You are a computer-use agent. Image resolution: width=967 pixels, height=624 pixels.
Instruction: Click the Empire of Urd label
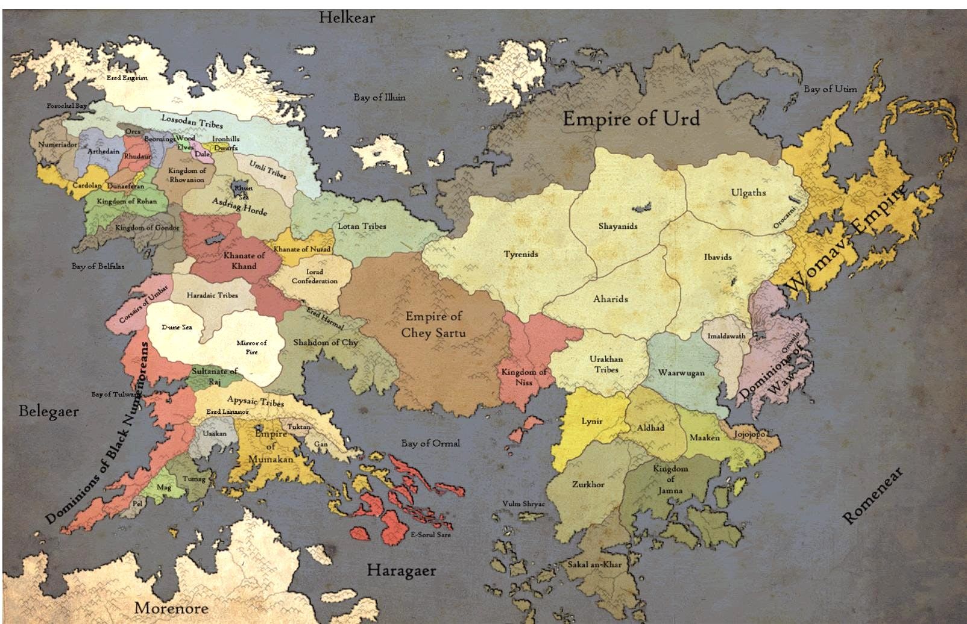(631, 119)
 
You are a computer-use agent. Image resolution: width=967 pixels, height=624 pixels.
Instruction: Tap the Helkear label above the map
(347, 17)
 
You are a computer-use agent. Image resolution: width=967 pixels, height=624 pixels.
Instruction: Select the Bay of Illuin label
(379, 97)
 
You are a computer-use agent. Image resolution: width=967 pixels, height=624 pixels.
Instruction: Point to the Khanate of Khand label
(244, 260)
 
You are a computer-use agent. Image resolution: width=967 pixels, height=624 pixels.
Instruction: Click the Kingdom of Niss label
(524, 376)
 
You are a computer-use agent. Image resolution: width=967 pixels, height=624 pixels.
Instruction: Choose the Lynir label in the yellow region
(591, 421)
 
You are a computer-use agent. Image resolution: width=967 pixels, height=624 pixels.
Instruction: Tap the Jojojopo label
(749, 434)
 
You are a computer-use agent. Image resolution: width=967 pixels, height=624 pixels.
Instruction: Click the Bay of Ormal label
(430, 443)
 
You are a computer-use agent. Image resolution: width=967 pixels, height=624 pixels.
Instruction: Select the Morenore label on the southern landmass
(171, 607)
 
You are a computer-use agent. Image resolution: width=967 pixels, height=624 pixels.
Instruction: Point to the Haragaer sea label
(401, 570)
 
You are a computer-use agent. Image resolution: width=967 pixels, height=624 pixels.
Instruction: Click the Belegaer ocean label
(48, 411)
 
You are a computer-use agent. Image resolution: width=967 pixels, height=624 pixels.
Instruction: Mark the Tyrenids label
(521, 254)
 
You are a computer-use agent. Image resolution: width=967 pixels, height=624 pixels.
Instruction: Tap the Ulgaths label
(748, 193)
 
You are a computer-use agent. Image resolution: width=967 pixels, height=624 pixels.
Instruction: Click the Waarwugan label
(681, 373)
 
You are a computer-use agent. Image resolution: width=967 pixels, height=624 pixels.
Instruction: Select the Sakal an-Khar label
(594, 564)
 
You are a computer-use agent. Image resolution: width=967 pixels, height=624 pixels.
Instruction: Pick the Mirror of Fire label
(251, 347)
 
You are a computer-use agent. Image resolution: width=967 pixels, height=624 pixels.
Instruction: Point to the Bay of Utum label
(830, 89)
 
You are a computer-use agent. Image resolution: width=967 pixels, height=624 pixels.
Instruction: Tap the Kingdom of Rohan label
(127, 201)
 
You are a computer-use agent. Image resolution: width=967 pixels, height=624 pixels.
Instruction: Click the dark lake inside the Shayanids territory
(641, 207)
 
